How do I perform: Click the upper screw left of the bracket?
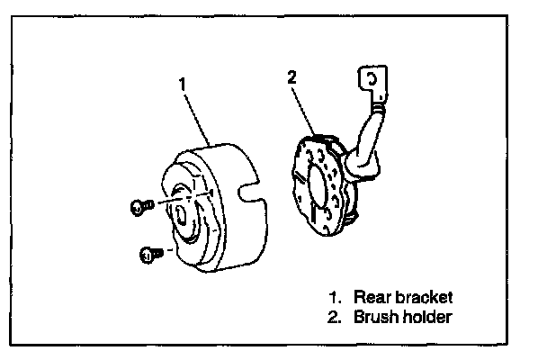tap(136, 207)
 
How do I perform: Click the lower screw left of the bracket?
tap(148, 255)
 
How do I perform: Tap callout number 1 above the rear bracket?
tap(183, 83)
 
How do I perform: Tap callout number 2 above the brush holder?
tap(291, 77)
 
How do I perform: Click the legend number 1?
tap(334, 297)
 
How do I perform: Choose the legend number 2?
tap(334, 317)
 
